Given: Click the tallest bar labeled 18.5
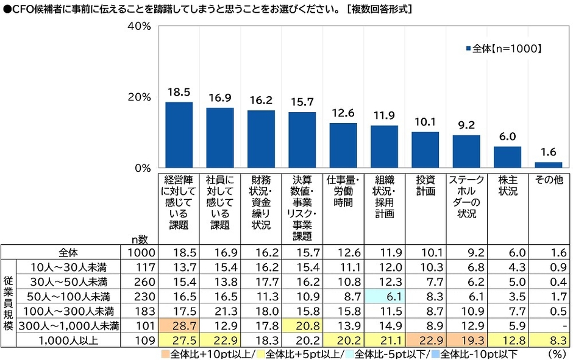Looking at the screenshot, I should pyautogui.click(x=179, y=135).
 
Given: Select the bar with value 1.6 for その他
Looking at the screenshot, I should pyautogui.click(x=548, y=164).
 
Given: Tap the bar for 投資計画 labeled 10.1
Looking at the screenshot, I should pyautogui.click(x=425, y=149).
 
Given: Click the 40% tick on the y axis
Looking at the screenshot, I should pyautogui.click(x=139, y=27).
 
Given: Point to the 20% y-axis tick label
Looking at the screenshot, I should pyautogui.click(x=139, y=97).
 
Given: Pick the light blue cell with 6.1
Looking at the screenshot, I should pyautogui.click(x=384, y=297).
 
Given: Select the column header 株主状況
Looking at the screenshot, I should pyautogui.click(x=507, y=186).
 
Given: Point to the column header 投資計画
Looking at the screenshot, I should pyautogui.click(x=425, y=186).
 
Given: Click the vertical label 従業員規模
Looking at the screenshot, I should pyautogui.click(x=8, y=296).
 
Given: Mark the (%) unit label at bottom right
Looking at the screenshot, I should pyautogui.click(x=555, y=353).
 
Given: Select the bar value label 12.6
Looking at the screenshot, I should pyautogui.click(x=343, y=113).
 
